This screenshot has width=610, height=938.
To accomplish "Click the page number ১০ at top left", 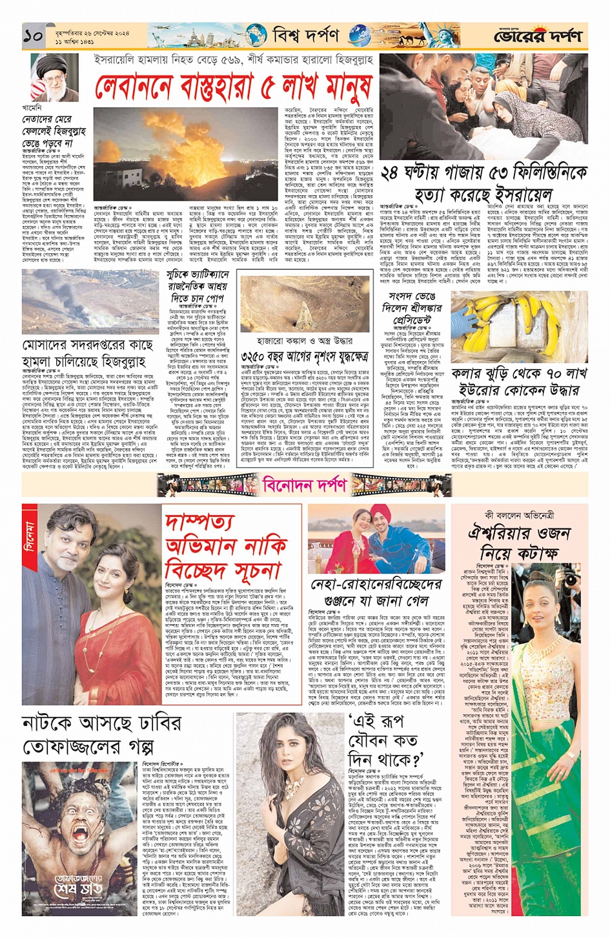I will pyautogui.click(x=33, y=37).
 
